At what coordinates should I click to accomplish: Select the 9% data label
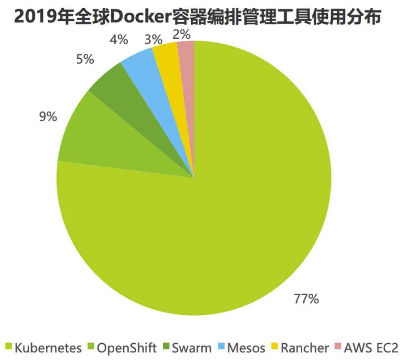(48, 117)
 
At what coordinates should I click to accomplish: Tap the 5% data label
(85, 59)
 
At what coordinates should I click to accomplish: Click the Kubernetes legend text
(48, 348)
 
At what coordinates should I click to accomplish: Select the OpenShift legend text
(127, 348)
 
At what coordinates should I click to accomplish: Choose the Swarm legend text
(192, 348)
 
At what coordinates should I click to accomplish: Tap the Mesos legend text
(246, 348)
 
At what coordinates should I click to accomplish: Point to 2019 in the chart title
(34, 17)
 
